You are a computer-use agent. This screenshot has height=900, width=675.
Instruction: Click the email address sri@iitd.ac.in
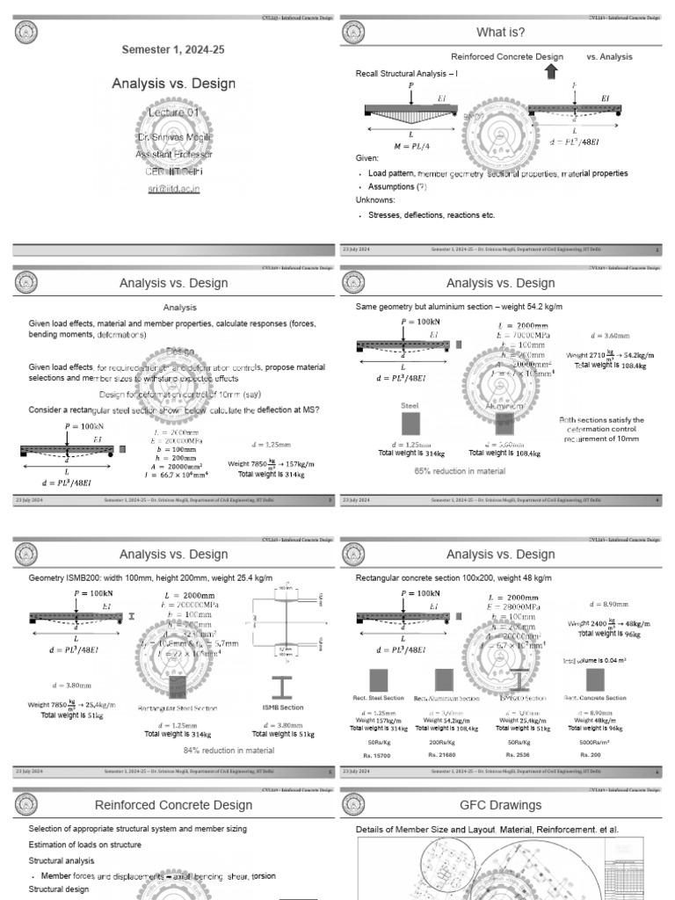point(173,188)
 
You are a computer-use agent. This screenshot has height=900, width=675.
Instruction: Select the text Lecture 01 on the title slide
point(173,113)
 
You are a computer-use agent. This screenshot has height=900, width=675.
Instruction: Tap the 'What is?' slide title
point(500,33)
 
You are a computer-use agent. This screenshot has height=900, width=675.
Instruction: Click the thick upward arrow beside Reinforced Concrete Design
point(551,71)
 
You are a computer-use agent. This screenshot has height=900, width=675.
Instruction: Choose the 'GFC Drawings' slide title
point(500,805)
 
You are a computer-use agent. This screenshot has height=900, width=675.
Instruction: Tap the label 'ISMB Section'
point(284,707)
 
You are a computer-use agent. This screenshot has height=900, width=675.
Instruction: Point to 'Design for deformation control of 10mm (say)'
point(173,394)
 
